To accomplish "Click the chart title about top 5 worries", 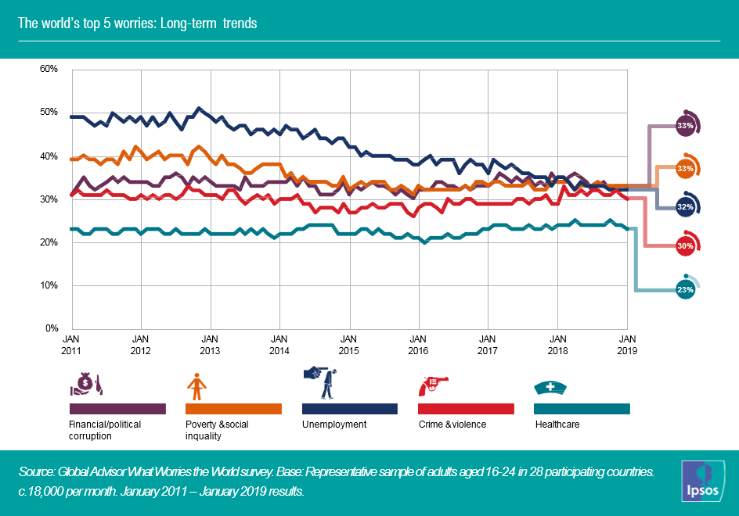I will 138,23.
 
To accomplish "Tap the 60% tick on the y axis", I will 49,69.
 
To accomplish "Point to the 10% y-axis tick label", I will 49,285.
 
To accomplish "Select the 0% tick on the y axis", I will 52,328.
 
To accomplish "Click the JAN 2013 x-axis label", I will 210,345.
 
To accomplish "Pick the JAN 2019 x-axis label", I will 627,345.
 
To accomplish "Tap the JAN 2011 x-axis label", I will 71,345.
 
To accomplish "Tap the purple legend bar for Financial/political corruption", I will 117,408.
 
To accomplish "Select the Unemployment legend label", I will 334,425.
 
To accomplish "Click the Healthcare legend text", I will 557,425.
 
